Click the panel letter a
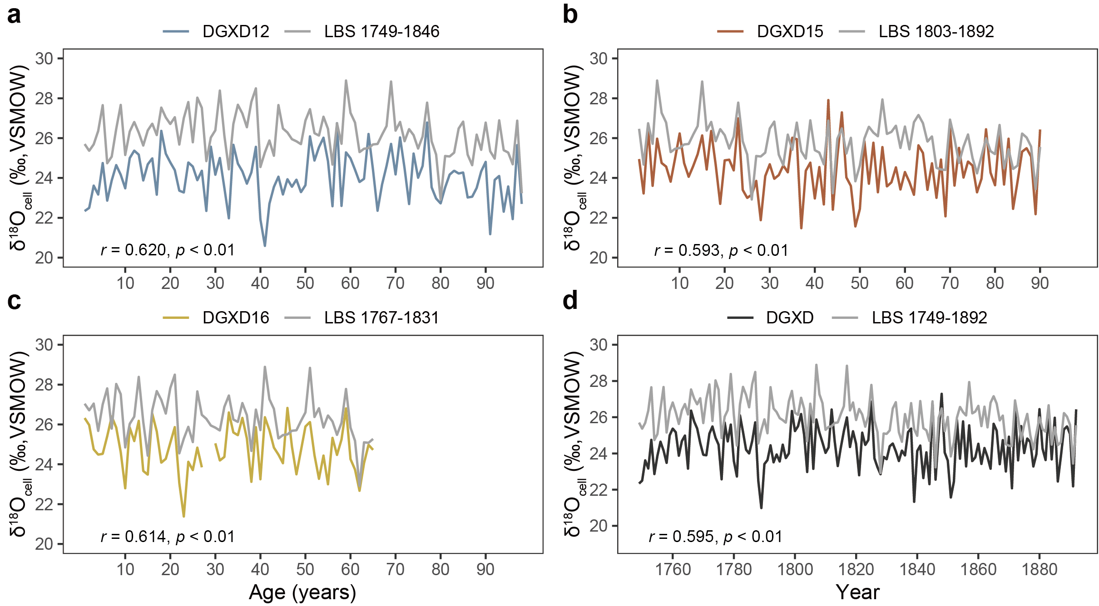(14, 15)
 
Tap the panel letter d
(570, 301)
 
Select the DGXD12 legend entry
(236, 31)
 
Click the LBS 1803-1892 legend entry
(936, 31)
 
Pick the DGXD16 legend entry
(236, 318)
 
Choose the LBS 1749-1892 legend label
(929, 318)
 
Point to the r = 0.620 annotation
(168, 250)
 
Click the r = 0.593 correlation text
(721, 250)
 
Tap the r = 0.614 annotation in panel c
(168, 537)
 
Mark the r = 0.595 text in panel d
(716, 537)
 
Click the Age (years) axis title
(302, 592)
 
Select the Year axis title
(857, 592)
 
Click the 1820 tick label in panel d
(856, 569)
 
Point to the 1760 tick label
(673, 569)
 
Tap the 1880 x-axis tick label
(1040, 569)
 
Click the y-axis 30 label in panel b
(598, 59)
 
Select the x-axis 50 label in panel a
(305, 283)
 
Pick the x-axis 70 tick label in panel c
(395, 569)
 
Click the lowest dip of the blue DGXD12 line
(265, 245)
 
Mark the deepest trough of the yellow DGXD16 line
(183, 516)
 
